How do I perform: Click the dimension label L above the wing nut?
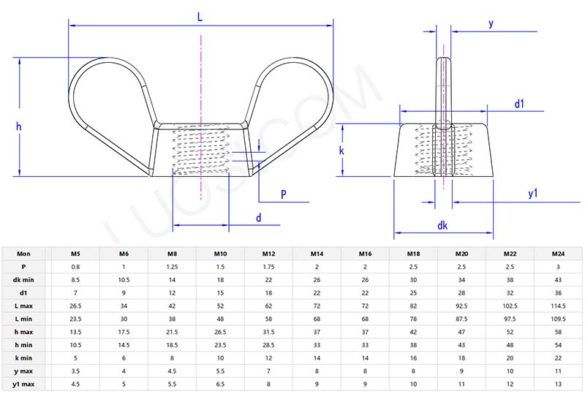coord(200,15)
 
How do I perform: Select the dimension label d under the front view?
coord(258,218)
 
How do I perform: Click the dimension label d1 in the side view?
coord(519,104)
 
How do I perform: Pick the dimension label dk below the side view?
coord(442,226)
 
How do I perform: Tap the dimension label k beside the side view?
coord(342,150)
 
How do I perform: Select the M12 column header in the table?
coord(268,254)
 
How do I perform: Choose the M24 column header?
coord(558,254)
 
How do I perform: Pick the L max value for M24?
coord(558,306)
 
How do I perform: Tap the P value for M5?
coord(75,267)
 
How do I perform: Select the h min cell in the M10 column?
coord(220,345)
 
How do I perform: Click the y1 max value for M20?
coord(461,384)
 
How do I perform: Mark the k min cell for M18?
coord(413,358)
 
